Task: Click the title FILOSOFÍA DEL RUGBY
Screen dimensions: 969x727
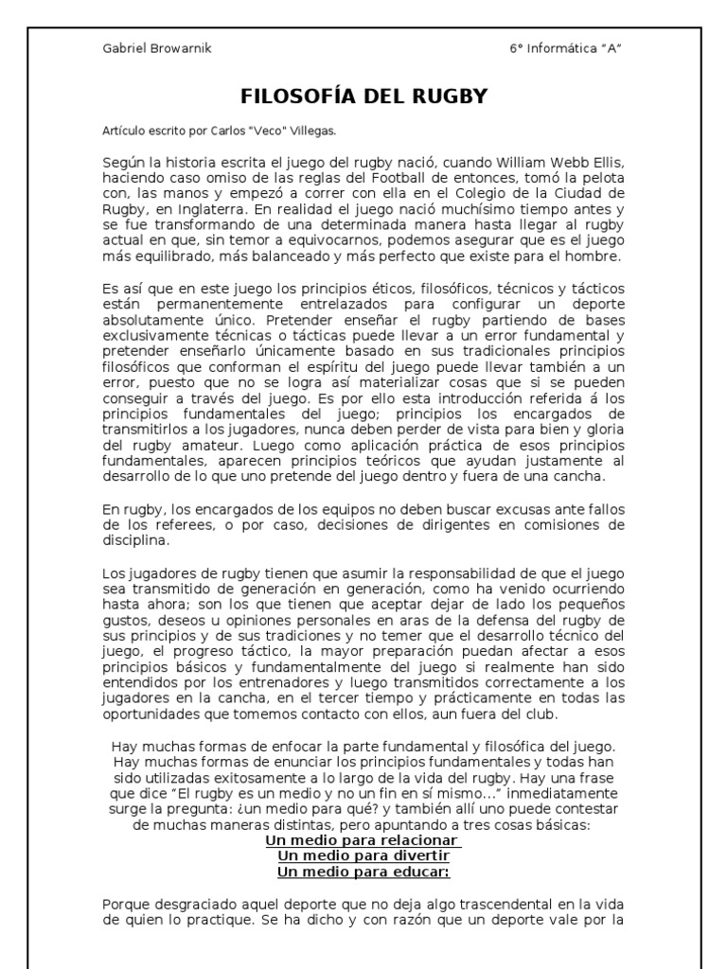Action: pos(363,97)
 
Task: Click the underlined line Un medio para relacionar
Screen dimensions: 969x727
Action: pos(363,840)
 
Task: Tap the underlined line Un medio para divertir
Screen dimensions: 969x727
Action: pos(363,856)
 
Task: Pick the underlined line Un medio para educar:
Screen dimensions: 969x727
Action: pos(363,872)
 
